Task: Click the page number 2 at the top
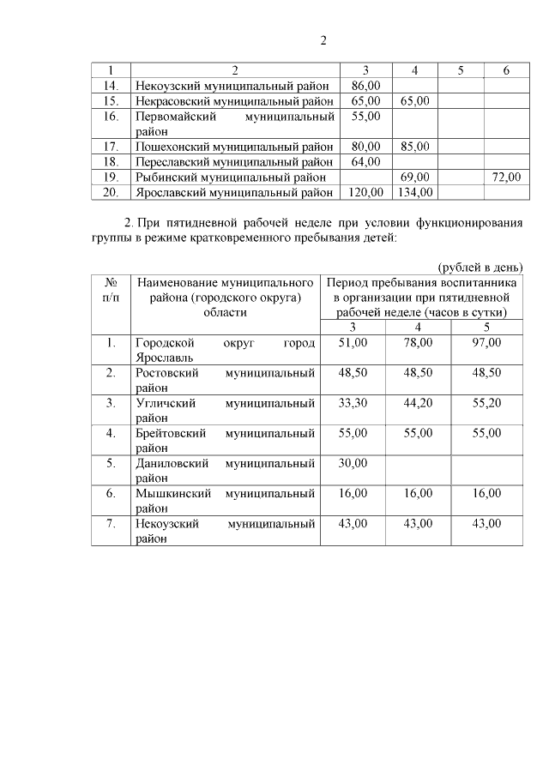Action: (x=324, y=40)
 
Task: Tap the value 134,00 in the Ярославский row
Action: (x=413, y=192)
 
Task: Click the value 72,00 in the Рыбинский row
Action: (x=506, y=177)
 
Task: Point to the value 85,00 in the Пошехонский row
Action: (x=413, y=146)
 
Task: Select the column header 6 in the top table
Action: (x=506, y=70)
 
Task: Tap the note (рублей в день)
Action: (x=480, y=268)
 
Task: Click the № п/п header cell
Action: (x=111, y=288)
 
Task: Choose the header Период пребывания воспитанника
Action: (x=421, y=281)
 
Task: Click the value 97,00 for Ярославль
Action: (x=486, y=343)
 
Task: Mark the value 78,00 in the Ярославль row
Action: (x=418, y=343)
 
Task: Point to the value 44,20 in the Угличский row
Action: (x=418, y=403)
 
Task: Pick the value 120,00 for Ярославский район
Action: (x=365, y=192)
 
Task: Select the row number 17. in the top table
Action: (x=111, y=146)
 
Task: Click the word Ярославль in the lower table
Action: (x=164, y=358)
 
